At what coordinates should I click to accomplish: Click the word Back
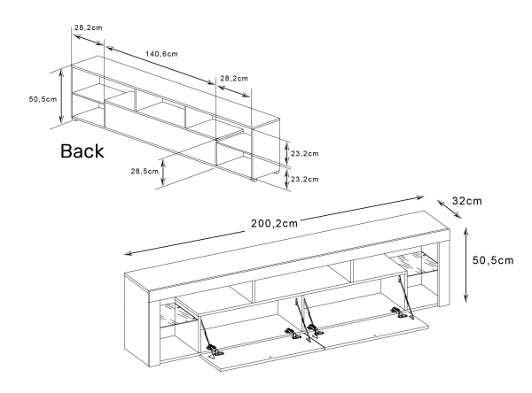point(82,151)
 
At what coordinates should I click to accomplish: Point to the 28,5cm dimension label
point(145,171)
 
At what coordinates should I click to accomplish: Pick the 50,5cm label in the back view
point(43,99)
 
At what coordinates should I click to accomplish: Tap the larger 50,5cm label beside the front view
point(492,259)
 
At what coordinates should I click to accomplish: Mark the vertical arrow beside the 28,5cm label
point(164,173)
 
